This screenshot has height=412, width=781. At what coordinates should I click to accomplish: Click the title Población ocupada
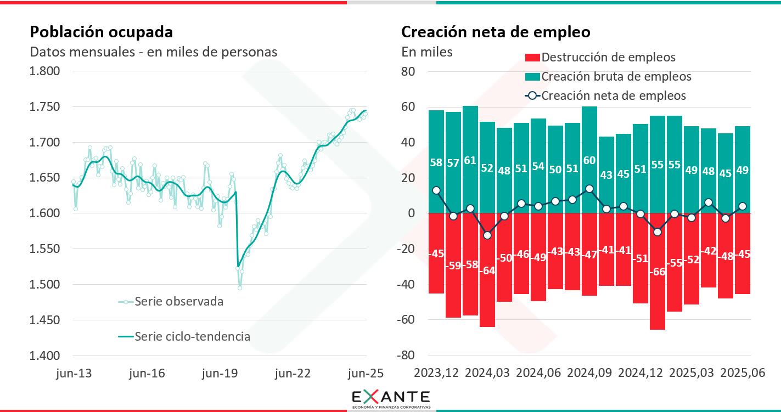click(101, 32)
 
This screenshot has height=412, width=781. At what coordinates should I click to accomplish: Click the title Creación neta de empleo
click(496, 32)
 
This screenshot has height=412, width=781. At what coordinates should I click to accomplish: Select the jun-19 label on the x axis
click(220, 374)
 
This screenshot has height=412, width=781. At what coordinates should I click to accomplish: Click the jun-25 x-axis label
click(366, 374)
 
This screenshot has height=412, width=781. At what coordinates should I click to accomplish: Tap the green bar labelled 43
click(606, 175)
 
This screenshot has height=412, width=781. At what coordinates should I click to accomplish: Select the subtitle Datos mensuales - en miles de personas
click(153, 52)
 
